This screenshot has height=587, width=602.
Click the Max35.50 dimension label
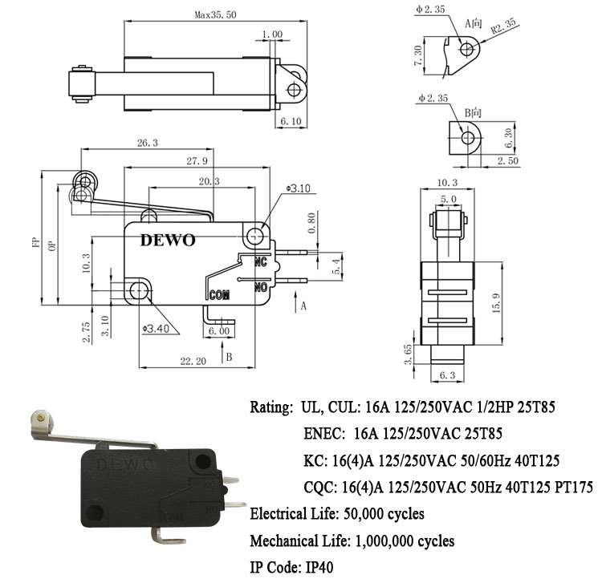[215, 15]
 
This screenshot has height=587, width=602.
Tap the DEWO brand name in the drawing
[168, 240]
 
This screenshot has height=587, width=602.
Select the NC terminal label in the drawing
[261, 262]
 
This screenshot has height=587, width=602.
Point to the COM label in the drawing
[219, 295]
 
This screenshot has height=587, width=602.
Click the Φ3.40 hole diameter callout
[156, 329]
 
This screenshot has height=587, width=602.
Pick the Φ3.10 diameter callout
[298, 188]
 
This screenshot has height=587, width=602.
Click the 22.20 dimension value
[193, 361]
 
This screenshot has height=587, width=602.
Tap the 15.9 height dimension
[496, 303]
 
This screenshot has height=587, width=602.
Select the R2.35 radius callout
[504, 26]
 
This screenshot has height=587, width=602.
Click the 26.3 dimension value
[148, 143]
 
